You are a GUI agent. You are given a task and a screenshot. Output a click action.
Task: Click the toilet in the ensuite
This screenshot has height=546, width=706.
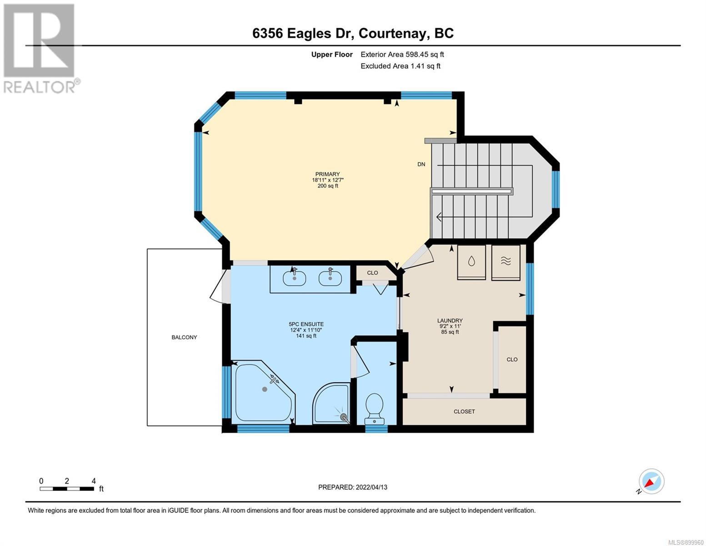(x=374, y=409)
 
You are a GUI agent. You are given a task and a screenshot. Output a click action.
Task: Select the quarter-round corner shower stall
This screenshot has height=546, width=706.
(x=331, y=404)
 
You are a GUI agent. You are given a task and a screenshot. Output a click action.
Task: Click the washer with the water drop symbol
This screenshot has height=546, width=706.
(x=471, y=262)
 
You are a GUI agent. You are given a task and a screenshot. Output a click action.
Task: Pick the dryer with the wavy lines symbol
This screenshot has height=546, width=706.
(x=506, y=262)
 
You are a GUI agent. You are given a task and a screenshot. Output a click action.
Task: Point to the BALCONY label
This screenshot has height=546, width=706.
(x=184, y=337)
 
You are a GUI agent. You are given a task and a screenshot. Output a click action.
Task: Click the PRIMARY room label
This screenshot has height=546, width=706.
(x=327, y=174)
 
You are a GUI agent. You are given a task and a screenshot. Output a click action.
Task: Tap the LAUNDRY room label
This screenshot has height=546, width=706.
(x=450, y=320)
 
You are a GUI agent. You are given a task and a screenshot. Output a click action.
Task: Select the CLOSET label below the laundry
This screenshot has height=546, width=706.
(x=464, y=411)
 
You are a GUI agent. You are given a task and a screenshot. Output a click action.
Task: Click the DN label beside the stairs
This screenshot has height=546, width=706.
(x=421, y=164)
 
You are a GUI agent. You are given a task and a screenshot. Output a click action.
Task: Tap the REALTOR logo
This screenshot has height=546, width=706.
(x=40, y=49)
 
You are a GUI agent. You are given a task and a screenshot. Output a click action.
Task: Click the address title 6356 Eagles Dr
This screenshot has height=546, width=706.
(x=303, y=34)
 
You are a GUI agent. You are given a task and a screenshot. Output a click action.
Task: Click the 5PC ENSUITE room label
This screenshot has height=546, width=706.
(x=306, y=324)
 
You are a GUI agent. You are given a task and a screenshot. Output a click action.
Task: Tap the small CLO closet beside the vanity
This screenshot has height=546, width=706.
(x=372, y=273)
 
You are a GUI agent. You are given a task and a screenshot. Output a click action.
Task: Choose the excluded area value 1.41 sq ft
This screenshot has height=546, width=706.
(x=426, y=66)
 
